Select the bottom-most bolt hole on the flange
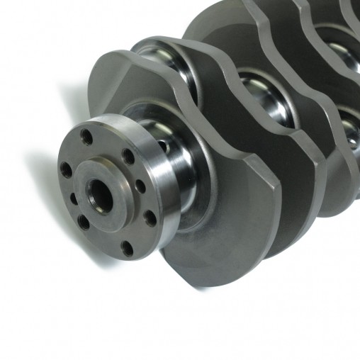pyautogui.click(x=127, y=247)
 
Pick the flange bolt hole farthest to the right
pyautogui.click(x=150, y=218)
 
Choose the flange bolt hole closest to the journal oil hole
pyautogui.click(x=128, y=155)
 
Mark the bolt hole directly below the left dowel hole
pyautogui.click(x=84, y=223)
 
